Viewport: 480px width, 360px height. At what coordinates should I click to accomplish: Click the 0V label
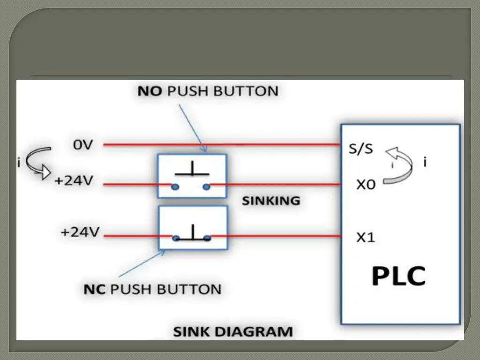[83, 145]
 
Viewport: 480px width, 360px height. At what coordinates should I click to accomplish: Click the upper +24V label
[75, 181]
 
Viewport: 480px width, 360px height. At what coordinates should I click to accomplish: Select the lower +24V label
[79, 232]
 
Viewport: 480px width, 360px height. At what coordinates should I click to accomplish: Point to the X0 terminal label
[366, 185]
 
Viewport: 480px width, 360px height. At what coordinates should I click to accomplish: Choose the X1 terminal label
[366, 238]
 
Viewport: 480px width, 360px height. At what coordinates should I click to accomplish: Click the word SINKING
[271, 201]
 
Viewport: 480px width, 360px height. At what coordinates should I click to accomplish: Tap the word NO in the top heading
[150, 90]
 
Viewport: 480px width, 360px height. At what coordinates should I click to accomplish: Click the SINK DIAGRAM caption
[233, 332]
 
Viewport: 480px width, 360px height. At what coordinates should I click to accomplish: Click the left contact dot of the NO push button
[175, 187]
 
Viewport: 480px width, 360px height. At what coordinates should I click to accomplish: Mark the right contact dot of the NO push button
[207, 187]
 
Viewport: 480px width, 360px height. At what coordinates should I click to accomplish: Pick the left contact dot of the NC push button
[175, 238]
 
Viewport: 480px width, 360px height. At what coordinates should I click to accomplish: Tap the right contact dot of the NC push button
[207, 238]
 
